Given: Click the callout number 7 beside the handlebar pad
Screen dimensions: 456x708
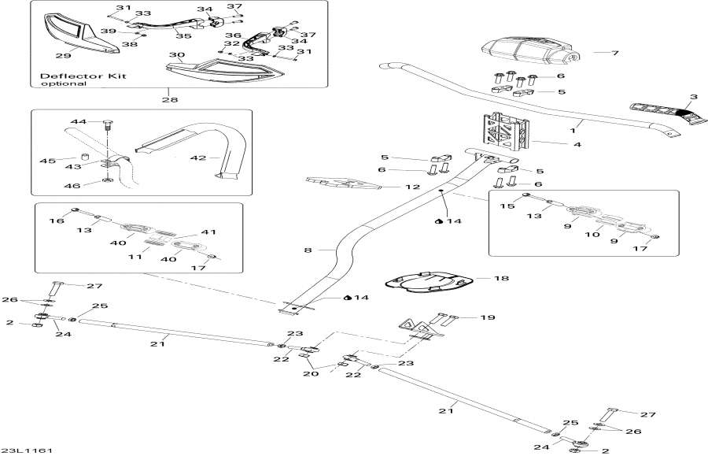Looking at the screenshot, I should click(615, 53).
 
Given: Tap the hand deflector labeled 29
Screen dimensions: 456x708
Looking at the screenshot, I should click(76, 35).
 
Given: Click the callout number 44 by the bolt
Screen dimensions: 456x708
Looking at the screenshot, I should click(78, 122).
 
